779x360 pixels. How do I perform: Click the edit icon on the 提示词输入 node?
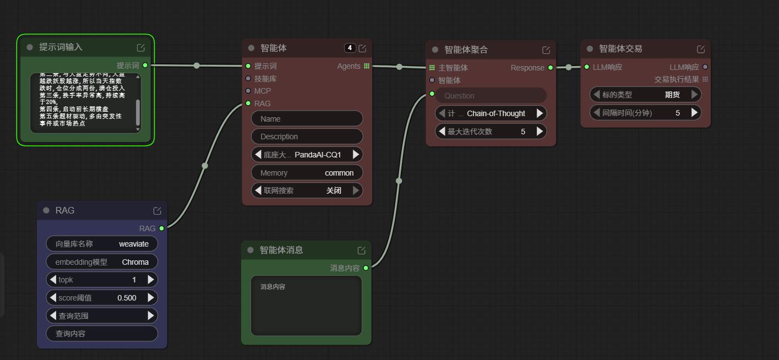tap(141, 47)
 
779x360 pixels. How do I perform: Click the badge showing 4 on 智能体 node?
tap(350, 48)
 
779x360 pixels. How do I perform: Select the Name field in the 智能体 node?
tap(307, 119)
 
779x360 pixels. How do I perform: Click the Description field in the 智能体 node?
tap(307, 137)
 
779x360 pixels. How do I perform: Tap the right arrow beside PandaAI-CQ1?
tap(356, 155)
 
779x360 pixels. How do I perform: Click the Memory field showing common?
tap(307, 173)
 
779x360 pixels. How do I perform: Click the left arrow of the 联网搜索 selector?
tap(257, 190)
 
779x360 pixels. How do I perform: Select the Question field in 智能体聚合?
tap(491, 96)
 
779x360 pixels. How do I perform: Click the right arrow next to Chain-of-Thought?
tap(540, 113)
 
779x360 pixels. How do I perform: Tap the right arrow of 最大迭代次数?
tap(540, 132)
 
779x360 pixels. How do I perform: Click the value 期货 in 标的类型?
tap(672, 95)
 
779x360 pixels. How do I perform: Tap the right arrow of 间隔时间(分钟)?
tap(695, 113)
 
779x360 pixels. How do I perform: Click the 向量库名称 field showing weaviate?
tap(102, 244)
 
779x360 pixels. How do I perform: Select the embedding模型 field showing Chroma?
tap(102, 262)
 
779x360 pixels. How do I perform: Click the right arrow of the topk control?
tap(151, 280)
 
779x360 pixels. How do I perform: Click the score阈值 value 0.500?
tap(127, 298)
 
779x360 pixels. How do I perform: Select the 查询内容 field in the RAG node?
tap(102, 334)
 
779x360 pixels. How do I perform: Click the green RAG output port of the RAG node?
tap(161, 228)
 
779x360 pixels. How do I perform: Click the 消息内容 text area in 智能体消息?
tap(306, 306)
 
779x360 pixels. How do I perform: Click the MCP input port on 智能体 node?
tap(248, 91)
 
